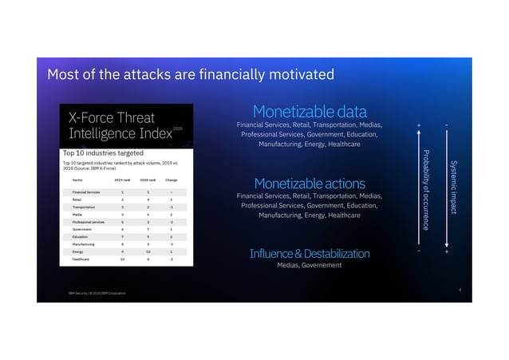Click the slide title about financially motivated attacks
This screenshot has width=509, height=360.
point(191,76)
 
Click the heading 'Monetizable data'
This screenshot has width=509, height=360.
point(309,111)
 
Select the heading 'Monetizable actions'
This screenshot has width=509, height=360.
point(309,183)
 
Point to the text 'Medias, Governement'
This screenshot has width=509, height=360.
point(309,265)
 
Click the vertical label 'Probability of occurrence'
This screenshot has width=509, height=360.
point(426,189)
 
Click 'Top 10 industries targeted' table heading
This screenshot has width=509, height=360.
point(103,152)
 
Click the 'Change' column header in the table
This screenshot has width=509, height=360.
point(171,180)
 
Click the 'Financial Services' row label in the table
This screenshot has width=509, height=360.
point(86,192)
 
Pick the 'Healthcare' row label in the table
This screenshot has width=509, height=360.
point(81,259)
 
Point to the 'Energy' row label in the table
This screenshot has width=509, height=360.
point(78,251)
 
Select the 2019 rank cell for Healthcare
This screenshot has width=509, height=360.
point(123,259)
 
